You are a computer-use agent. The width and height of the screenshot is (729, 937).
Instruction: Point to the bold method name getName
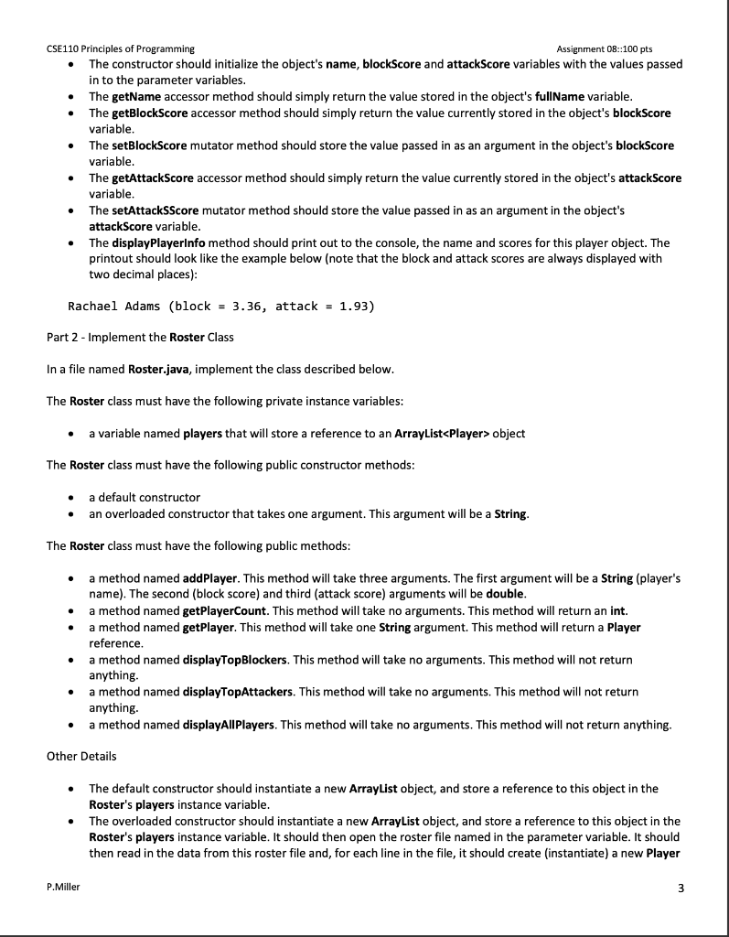138,96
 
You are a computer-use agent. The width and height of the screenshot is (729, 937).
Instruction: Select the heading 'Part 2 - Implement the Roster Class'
140,337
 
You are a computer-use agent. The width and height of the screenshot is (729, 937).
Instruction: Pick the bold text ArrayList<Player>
435,433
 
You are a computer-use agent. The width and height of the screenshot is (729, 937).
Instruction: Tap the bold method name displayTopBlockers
236,660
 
